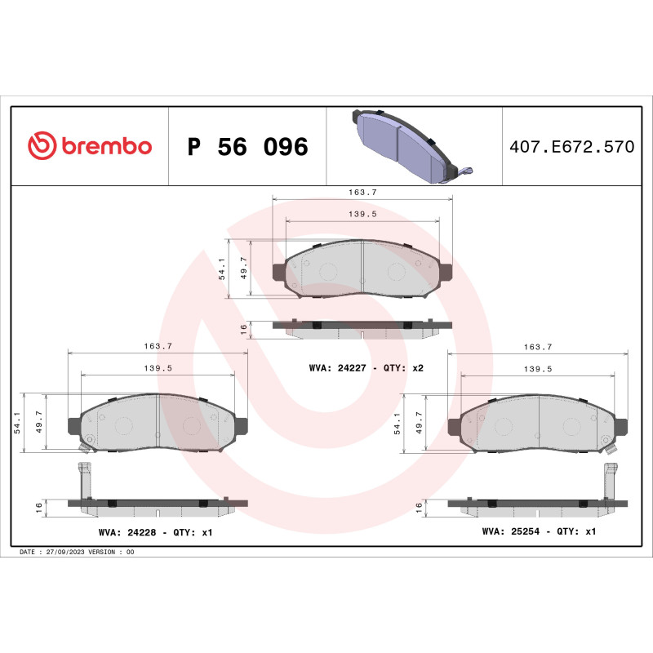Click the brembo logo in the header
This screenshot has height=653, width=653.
90,146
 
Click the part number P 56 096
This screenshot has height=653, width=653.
247,147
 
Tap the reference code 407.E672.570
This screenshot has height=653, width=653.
571,147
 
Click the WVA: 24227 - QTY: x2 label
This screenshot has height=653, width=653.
366,368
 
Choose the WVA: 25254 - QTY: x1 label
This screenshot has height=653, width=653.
539,531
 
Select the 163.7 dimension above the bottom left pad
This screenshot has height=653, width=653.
158,346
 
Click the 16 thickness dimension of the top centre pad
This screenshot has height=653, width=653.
243,329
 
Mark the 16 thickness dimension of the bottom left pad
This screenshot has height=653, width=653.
38,507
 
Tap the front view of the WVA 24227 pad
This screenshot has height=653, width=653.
362,270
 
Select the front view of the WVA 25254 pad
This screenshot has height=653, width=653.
539,423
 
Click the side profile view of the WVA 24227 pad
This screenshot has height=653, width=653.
362,328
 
